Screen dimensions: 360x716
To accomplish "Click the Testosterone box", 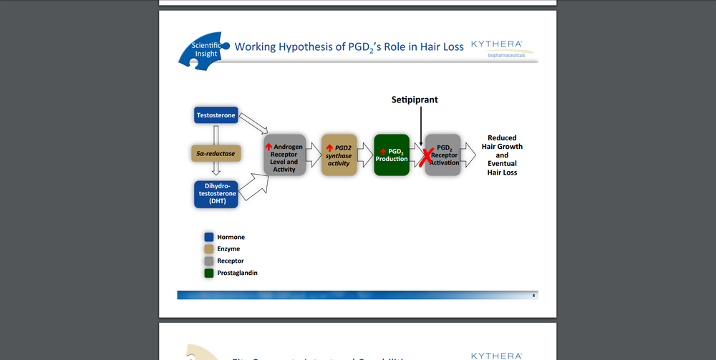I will [216, 115].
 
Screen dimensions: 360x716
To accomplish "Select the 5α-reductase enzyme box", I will [215, 153].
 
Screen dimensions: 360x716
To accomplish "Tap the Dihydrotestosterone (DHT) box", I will [216, 194].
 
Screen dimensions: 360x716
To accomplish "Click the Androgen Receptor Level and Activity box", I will [284, 155].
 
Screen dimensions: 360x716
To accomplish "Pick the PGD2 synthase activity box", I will [339, 155].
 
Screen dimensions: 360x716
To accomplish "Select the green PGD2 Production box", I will [392, 155].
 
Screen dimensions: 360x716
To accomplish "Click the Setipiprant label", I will [415, 99].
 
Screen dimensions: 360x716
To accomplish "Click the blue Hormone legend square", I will [210, 237].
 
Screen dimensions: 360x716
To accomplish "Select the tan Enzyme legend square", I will [210, 249].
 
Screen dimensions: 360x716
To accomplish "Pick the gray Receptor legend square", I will [210, 261].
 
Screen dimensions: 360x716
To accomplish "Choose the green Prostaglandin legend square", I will [210, 273].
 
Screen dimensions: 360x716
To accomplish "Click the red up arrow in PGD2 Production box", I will [383, 151].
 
